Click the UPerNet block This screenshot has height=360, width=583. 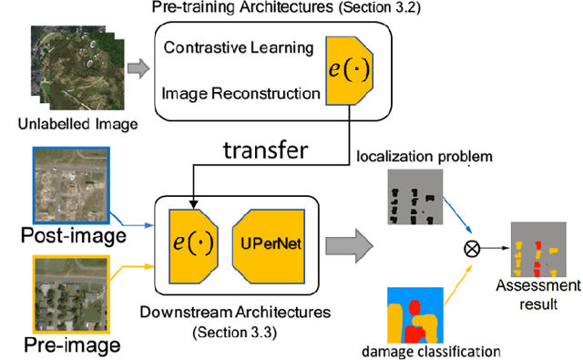point(271,245)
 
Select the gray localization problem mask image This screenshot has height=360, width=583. point(415,198)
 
